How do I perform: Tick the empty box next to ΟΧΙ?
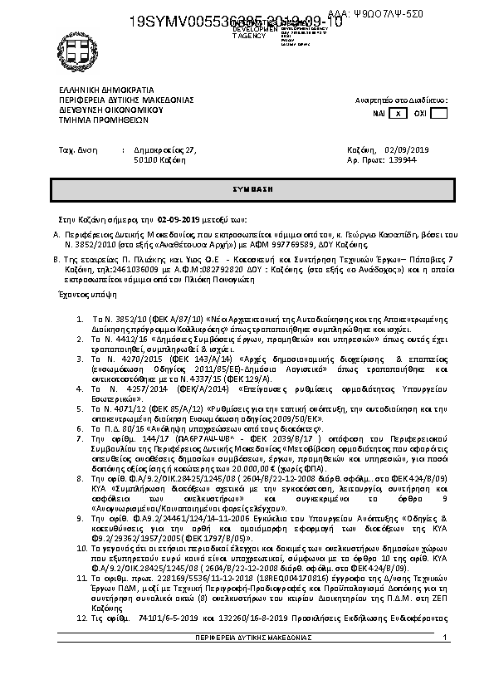(x=439, y=113)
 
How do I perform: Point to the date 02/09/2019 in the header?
(x=407, y=149)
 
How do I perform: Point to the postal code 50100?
(x=145, y=159)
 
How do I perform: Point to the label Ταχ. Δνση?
(x=75, y=149)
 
